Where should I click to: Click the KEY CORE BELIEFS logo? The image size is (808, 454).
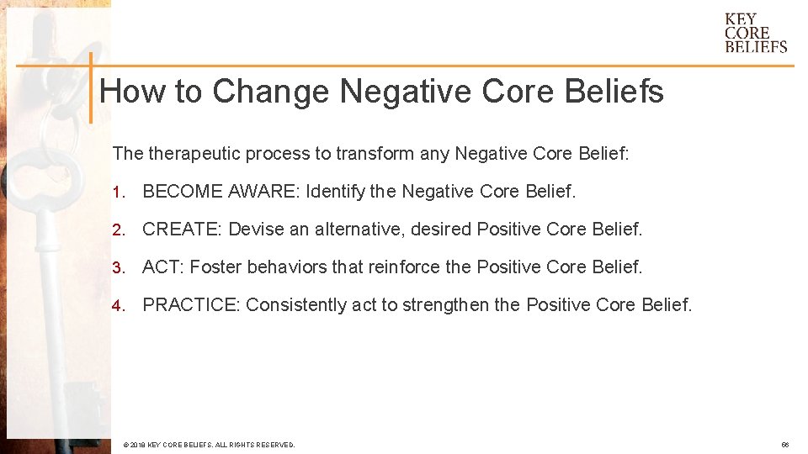click(x=756, y=33)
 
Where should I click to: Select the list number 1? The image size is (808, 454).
click(x=118, y=192)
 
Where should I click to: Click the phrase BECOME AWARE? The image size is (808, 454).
click(x=221, y=192)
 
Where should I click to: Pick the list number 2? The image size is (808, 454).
click(x=118, y=230)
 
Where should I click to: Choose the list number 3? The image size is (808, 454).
click(x=118, y=267)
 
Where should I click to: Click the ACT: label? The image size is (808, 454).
click(x=163, y=267)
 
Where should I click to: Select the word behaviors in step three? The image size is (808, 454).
click(x=286, y=267)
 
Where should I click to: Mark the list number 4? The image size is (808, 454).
click(x=118, y=305)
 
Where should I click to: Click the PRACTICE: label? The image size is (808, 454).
click(x=192, y=305)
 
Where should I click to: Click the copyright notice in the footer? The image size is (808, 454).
click(x=209, y=444)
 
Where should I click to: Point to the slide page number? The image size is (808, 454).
click(x=784, y=444)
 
